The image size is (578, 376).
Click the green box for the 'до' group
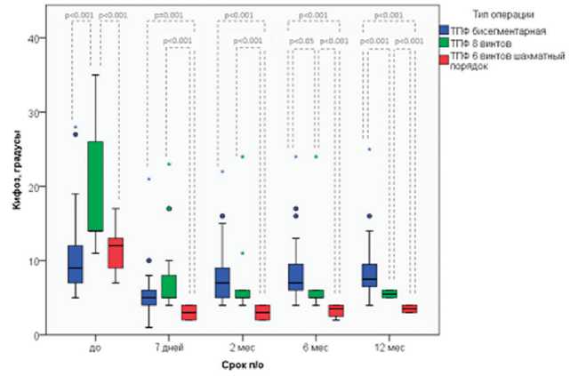click(x=95, y=186)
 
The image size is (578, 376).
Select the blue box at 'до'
click(x=76, y=264)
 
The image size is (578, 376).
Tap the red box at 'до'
click(x=116, y=252)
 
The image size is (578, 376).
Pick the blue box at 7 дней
click(x=149, y=297)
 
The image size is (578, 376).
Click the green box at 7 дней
click(x=168, y=285)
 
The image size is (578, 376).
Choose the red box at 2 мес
click(x=261, y=313)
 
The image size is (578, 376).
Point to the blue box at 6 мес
click(x=296, y=276)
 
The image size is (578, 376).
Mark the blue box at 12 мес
click(x=370, y=276)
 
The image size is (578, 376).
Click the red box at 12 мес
click(x=409, y=308)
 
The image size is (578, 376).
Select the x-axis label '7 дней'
click(x=168, y=347)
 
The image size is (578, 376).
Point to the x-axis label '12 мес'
click(x=389, y=347)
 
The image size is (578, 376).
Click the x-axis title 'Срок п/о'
click(x=242, y=365)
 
